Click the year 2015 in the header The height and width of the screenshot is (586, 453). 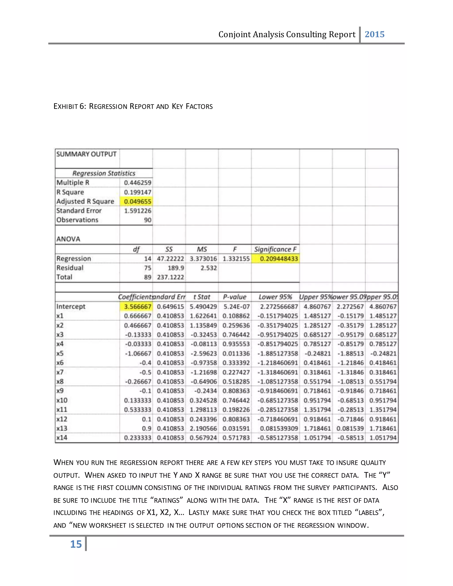coord(374,34)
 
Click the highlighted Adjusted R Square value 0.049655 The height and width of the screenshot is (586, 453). coord(137,201)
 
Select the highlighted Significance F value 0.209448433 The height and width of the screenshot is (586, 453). coord(278,259)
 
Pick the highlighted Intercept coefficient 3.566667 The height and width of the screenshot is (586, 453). coord(137,306)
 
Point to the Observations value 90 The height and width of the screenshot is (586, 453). coord(148,220)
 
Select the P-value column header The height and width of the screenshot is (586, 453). coord(234,297)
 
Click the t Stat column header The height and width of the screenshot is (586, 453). coord(202,297)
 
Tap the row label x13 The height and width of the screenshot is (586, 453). coord(62,428)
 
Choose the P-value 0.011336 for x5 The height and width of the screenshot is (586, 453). coord(236,353)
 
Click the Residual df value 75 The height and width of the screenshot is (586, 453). coord(148,268)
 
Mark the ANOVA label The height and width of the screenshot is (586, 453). coord(68,239)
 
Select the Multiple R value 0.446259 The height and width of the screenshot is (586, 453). coord(137,183)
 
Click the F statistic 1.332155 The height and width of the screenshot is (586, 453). coord(236,259)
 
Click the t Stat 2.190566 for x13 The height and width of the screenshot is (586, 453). coord(203,428)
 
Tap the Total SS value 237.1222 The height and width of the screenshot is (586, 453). coord(170,277)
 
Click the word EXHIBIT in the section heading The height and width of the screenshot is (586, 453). coord(66,107)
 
